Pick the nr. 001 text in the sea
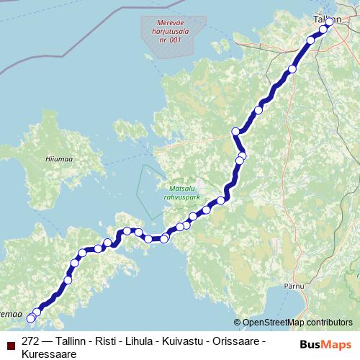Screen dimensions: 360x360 [x=167, y=40]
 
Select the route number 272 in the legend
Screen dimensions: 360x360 [x=31, y=341]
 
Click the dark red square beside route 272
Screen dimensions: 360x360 [x=11, y=341]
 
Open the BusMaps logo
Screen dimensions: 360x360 [x=325, y=344]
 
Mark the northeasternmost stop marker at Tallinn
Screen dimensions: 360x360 [x=330, y=22]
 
